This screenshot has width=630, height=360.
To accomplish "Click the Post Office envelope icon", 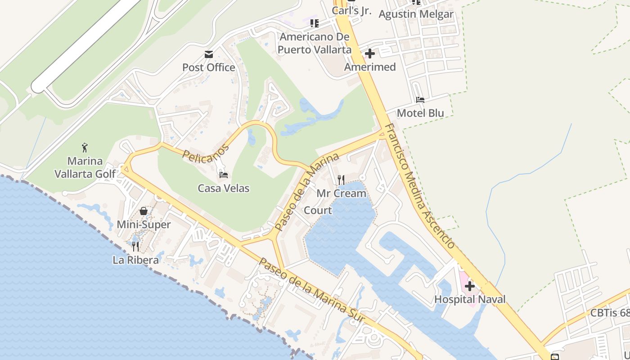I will [x=209, y=54].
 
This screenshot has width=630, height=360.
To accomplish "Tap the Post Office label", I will [x=209, y=67].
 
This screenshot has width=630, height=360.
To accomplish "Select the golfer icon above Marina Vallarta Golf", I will [x=85, y=147].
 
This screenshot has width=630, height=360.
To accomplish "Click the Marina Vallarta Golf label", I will [x=85, y=167].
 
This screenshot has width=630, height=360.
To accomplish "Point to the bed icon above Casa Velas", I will [x=224, y=174].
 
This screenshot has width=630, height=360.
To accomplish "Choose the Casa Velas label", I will [x=224, y=188].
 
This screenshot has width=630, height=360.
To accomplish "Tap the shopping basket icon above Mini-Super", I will [x=144, y=211].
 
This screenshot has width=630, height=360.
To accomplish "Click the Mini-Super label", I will [x=144, y=225].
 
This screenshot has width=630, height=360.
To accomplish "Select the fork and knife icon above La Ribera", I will [x=135, y=246].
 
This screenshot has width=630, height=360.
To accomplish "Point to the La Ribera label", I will [x=135, y=260].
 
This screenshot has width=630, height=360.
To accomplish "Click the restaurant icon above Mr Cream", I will [x=341, y=180].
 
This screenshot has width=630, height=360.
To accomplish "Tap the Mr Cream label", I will [x=342, y=193].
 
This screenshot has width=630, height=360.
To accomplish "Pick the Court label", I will [x=318, y=210].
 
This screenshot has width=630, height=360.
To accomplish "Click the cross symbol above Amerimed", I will [x=370, y=54].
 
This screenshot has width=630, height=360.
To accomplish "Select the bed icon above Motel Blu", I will [x=420, y=99].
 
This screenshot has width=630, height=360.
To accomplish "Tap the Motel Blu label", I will [x=420, y=113].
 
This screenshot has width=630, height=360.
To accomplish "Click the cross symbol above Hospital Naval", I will [x=470, y=286].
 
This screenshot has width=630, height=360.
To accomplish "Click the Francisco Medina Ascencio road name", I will [x=420, y=185].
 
